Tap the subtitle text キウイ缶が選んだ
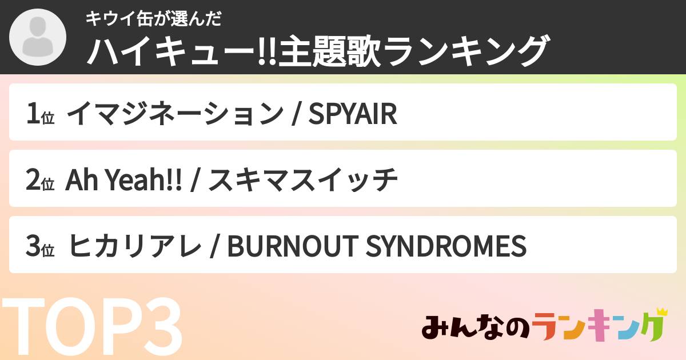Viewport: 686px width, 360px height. pyautogui.click(x=153, y=19)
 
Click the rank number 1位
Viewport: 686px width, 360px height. pyautogui.click(x=39, y=115)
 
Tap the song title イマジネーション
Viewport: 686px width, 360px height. pyautogui.click(x=174, y=115)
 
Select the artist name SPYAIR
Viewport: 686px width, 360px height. pyautogui.click(x=352, y=115)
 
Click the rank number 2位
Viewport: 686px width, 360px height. pyautogui.click(x=39, y=181)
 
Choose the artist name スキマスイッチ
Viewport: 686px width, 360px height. pyautogui.click(x=302, y=181)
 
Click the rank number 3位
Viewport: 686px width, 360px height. pyautogui.click(x=39, y=247)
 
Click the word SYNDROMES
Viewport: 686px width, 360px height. pyautogui.click(x=445, y=247)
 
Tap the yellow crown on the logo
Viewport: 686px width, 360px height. pyautogui.click(x=661, y=312)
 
